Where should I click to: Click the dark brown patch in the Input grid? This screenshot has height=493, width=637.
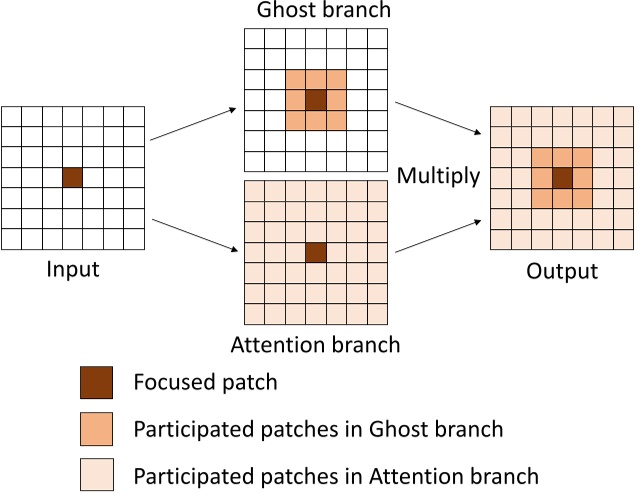(x=72, y=177)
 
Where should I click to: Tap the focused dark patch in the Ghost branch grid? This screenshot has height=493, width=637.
(x=316, y=100)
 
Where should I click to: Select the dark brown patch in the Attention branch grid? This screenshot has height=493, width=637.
(x=316, y=253)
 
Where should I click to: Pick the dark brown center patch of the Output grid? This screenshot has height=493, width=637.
(x=562, y=177)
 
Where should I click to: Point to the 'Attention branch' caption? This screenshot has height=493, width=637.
(x=316, y=345)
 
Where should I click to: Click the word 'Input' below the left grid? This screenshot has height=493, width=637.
(x=72, y=270)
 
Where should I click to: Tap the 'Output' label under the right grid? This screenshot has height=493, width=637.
(x=562, y=271)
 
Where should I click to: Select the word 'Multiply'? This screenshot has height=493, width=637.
(x=439, y=177)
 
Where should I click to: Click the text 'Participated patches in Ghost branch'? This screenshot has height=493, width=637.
(x=317, y=429)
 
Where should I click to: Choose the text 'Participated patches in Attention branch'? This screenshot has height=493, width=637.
(x=336, y=475)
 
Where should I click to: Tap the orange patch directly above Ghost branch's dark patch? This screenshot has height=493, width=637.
(x=316, y=80)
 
